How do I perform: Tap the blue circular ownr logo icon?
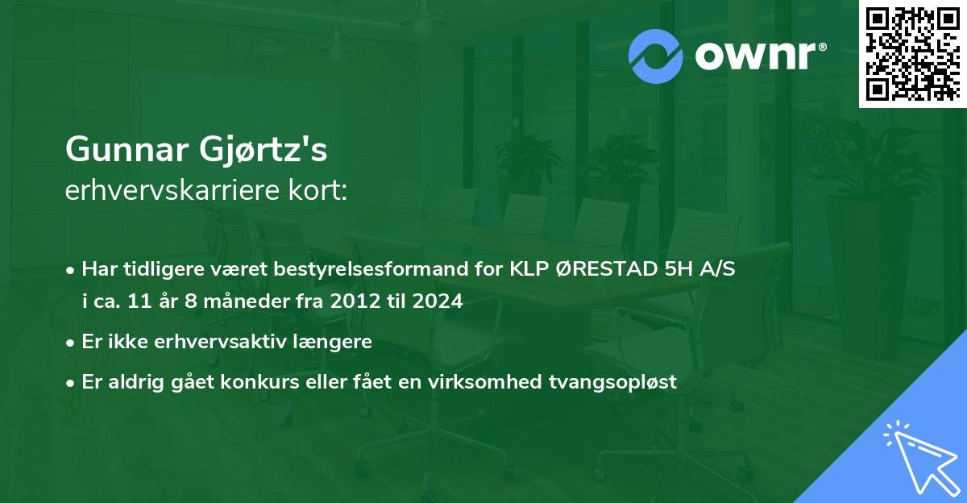coord(657,56)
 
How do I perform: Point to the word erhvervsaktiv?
coord(217,342)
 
